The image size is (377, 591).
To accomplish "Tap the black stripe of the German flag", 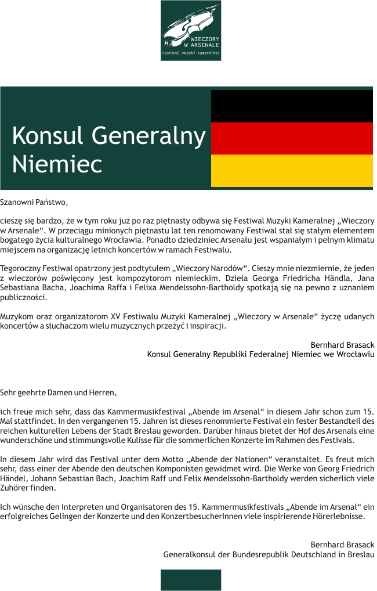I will click(x=292, y=106).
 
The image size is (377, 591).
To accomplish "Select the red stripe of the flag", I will click(x=292, y=138).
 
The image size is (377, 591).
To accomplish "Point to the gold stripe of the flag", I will click(x=292, y=170).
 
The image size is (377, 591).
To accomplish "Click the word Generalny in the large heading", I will click(x=148, y=136).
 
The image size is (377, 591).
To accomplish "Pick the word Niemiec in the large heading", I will click(x=57, y=164).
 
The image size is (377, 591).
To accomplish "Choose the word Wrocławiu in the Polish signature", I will click(x=355, y=354).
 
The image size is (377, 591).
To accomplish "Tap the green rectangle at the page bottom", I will click(x=190, y=579).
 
